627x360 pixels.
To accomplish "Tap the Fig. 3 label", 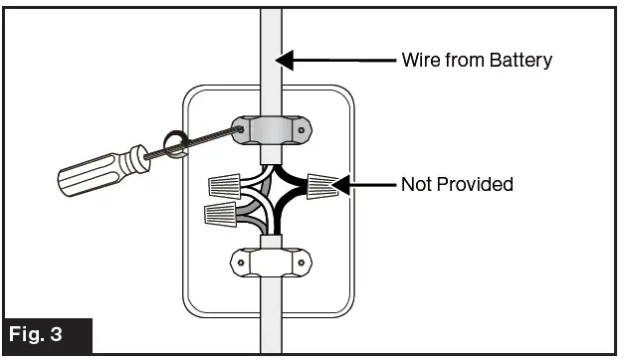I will (47, 334).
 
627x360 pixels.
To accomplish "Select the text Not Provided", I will (457, 184).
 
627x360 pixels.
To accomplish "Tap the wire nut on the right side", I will (321, 185).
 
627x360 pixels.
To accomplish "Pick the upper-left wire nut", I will (225, 183).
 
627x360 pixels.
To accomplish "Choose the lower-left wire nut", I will (220, 211).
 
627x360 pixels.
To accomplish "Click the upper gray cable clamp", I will (272, 129).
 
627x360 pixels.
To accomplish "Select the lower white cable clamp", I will (272, 263).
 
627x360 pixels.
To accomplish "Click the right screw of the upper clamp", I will (304, 128).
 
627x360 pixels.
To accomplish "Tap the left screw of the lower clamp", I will (240, 264).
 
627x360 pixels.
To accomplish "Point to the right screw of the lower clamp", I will (304, 264).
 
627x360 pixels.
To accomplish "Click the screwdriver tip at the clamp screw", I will (239, 128).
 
